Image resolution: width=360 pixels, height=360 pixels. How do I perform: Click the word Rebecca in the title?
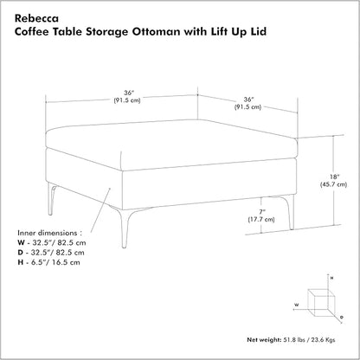tap(36, 18)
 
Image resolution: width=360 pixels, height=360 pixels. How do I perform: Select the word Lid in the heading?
tap(259, 31)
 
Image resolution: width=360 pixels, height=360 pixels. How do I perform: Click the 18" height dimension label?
tap(334, 177)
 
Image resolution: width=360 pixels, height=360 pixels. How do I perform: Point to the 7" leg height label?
tap(260, 212)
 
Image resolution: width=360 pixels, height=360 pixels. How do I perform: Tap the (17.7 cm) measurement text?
tap(261, 220)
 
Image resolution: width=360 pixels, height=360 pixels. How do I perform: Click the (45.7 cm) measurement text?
tap(334, 184)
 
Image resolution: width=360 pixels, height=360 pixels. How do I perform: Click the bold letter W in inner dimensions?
tap(21, 243)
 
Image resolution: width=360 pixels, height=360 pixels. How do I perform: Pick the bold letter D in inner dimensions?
tap(20, 253)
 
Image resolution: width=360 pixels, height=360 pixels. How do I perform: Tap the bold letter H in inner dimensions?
tap(20, 262)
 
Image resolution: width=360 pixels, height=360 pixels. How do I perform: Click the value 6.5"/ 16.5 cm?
tap(56, 262)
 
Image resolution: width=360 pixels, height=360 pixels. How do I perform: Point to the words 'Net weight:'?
tap(264, 340)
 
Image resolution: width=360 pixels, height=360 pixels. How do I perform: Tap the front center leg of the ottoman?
tap(124, 227)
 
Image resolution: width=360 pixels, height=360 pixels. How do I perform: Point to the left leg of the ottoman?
tap(51, 199)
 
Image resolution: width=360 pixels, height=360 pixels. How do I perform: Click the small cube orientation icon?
tap(321, 303)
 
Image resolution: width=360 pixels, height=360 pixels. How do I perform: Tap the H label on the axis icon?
tap(331, 279)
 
